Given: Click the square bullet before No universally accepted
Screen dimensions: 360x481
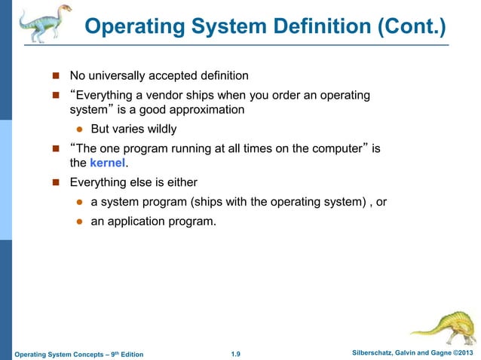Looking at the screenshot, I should [x=55, y=75].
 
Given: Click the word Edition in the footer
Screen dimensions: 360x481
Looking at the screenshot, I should [x=127, y=354].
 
